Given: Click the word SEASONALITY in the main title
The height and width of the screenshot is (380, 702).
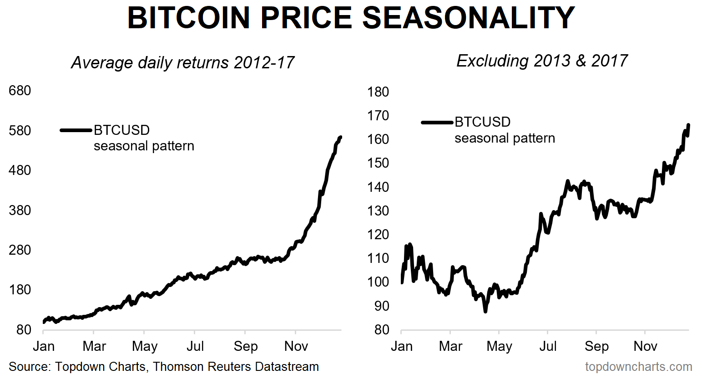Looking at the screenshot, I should click(469, 18).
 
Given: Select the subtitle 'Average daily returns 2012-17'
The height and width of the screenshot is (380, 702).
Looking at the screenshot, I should click(183, 62).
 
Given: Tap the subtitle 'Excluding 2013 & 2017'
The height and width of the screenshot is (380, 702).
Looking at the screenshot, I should click(542, 61).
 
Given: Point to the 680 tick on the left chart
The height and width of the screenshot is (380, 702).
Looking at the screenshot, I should click(20, 90).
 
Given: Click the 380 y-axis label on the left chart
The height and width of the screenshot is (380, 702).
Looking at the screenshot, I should click(20, 210).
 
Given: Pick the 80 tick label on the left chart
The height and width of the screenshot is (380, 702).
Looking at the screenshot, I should click(23, 329).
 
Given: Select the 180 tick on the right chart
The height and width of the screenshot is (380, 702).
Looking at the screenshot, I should click(378, 92).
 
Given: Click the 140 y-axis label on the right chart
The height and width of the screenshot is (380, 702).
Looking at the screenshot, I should click(378, 187).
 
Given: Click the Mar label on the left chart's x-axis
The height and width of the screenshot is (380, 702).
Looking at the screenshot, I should click(94, 346).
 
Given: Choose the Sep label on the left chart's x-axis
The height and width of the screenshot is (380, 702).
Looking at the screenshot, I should click(246, 346).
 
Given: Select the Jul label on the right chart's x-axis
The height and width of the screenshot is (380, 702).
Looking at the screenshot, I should click(548, 346).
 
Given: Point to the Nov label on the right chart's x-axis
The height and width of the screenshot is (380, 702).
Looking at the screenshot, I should click(645, 346).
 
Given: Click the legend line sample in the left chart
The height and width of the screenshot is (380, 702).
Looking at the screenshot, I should click(76, 130).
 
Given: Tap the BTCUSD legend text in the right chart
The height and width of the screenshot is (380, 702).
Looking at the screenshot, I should click(482, 122).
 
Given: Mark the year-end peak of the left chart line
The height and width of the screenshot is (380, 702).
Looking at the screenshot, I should click(340, 137).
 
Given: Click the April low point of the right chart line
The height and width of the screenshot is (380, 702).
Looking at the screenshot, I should click(485, 311).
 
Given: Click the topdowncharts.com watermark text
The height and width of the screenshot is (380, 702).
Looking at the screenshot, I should click(638, 366).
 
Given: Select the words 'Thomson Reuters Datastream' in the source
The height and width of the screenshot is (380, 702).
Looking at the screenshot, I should click(236, 366).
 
